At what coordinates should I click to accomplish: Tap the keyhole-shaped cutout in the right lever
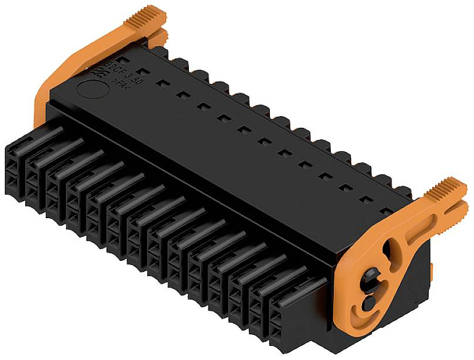[388, 253]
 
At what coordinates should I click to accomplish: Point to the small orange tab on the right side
[432, 270]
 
